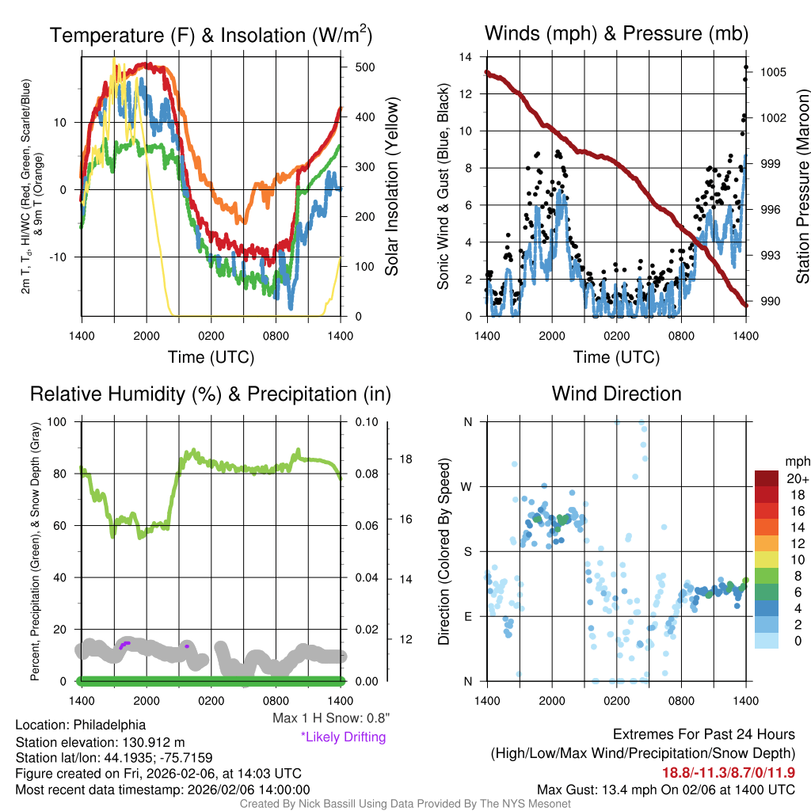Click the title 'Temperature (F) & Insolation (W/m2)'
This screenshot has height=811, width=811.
tap(211, 36)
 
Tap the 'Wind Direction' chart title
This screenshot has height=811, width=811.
tap(616, 394)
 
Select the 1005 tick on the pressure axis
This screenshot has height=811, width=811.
tap(772, 72)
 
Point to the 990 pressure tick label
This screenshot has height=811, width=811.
tap(770, 302)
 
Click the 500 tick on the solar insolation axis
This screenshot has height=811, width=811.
tap(364, 67)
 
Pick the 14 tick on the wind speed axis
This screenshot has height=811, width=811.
tap(466, 57)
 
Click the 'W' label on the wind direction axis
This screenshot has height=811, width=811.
tap(467, 486)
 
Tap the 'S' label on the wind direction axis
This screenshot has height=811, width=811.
tap(467, 551)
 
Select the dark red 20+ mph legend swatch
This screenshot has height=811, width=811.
tap(767, 479)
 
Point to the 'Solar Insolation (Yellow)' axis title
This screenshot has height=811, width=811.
tap(391, 187)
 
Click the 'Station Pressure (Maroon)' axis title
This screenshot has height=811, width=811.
tap(801, 187)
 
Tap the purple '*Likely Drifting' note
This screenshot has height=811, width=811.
tap(343, 737)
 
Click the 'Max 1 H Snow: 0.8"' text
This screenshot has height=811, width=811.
tap(330, 718)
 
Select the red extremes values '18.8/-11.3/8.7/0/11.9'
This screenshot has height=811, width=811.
tap(729, 772)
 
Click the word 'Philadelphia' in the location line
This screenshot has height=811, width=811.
tap(109, 725)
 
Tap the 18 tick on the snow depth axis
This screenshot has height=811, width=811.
tap(405, 459)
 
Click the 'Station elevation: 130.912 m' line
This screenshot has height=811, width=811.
tap(100, 742)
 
